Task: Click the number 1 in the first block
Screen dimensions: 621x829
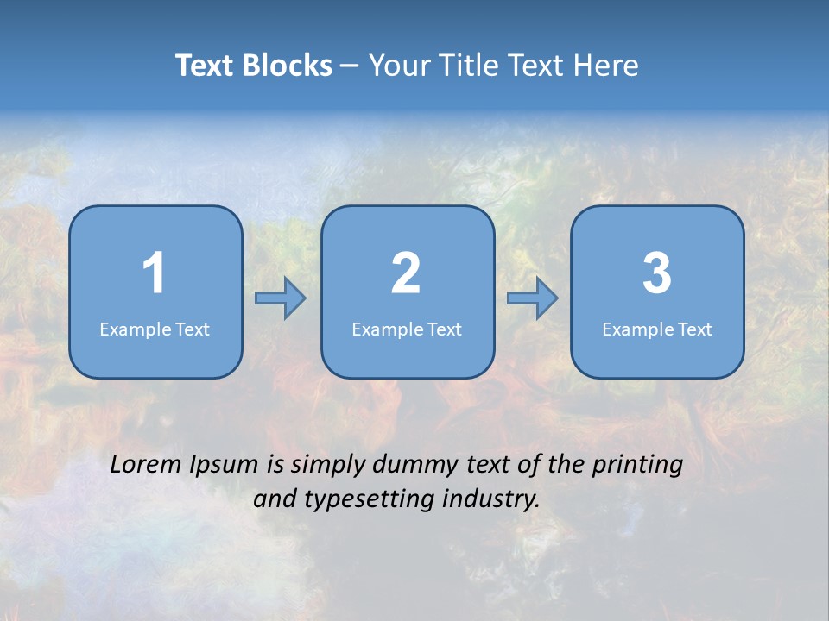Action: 154,273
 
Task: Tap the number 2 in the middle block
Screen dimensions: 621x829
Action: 406,273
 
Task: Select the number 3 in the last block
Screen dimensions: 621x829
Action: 657,273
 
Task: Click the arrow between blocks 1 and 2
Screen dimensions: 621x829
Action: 281,298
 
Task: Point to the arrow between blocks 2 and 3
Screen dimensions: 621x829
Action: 532,298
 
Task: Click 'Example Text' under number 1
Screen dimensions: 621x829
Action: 155,329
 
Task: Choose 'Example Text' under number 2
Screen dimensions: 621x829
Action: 407,329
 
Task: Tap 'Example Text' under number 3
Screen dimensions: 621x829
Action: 657,329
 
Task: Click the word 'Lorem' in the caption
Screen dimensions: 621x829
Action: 147,465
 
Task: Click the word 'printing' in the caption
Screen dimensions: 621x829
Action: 637,466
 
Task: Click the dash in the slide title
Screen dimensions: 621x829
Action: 351,66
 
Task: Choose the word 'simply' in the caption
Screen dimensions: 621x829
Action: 329,466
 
